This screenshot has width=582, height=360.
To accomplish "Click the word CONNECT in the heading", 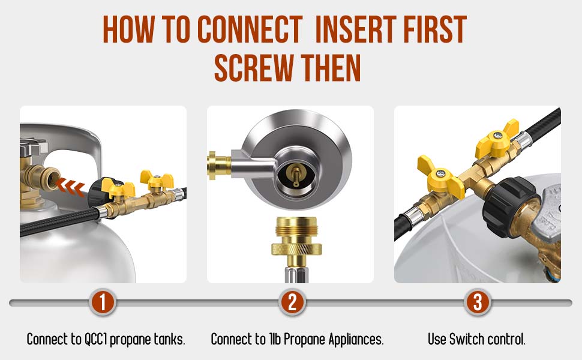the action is pyautogui.click(x=250, y=29).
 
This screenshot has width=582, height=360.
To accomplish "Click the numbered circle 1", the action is pyautogui.click(x=103, y=302).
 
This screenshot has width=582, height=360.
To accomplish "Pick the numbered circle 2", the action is pyautogui.click(x=292, y=302).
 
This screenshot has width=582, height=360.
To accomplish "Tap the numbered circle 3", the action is pyautogui.click(x=478, y=302).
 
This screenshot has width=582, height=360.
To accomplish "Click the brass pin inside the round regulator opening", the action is pyautogui.click(x=296, y=176).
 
